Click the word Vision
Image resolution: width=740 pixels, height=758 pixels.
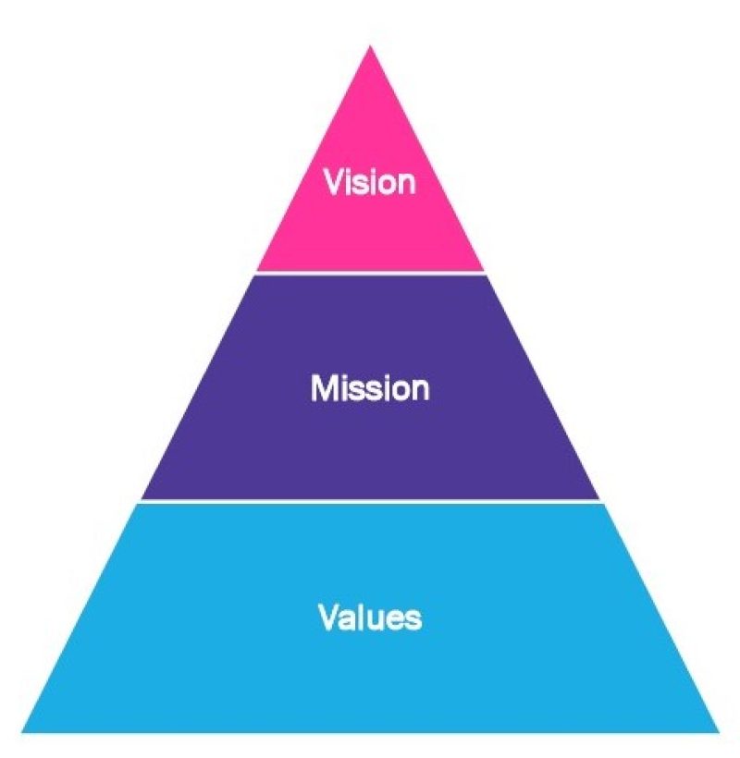370,182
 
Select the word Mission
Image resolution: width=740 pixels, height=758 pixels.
370,388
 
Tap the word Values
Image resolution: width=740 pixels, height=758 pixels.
370,617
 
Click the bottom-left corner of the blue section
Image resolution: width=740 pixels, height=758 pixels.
23,731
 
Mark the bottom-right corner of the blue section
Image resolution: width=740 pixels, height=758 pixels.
718,731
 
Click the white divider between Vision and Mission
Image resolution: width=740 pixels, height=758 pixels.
370,273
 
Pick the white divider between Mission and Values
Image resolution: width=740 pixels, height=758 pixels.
370,502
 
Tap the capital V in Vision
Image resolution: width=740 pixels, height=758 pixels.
334,182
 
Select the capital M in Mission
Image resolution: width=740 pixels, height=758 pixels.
322,388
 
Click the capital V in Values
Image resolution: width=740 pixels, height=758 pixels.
329,617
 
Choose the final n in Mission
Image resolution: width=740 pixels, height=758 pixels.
420,390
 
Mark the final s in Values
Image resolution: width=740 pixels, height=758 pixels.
413,618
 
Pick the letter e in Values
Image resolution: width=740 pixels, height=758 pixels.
395,618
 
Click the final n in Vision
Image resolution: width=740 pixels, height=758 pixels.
406,184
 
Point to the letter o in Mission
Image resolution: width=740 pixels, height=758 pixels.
400,390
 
